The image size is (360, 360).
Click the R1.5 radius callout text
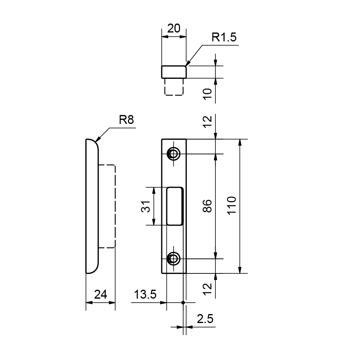pos(224,37)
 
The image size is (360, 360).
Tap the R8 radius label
pos(126,119)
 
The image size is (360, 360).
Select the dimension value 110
pos(232,206)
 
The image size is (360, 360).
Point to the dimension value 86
pos(208,206)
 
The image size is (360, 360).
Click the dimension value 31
pos(145,206)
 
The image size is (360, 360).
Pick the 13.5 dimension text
pos(145,294)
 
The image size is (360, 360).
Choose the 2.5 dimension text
pos(205,319)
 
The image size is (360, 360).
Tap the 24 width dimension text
pos(100,295)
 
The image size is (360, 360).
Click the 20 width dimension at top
pos(174,28)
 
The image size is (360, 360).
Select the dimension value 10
pos(208,94)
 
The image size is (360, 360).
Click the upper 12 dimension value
pos(208,121)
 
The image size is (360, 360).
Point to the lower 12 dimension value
pos(208,289)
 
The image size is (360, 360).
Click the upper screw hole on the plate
pos(173,154)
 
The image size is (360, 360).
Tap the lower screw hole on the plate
pos(173,259)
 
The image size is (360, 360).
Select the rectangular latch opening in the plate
pos(175,206)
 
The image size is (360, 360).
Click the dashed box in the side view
pos(115,206)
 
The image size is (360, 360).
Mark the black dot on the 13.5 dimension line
pos(183,303)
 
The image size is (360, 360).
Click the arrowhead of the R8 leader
pos(98,140)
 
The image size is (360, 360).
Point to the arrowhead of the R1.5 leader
pos(187,63)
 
